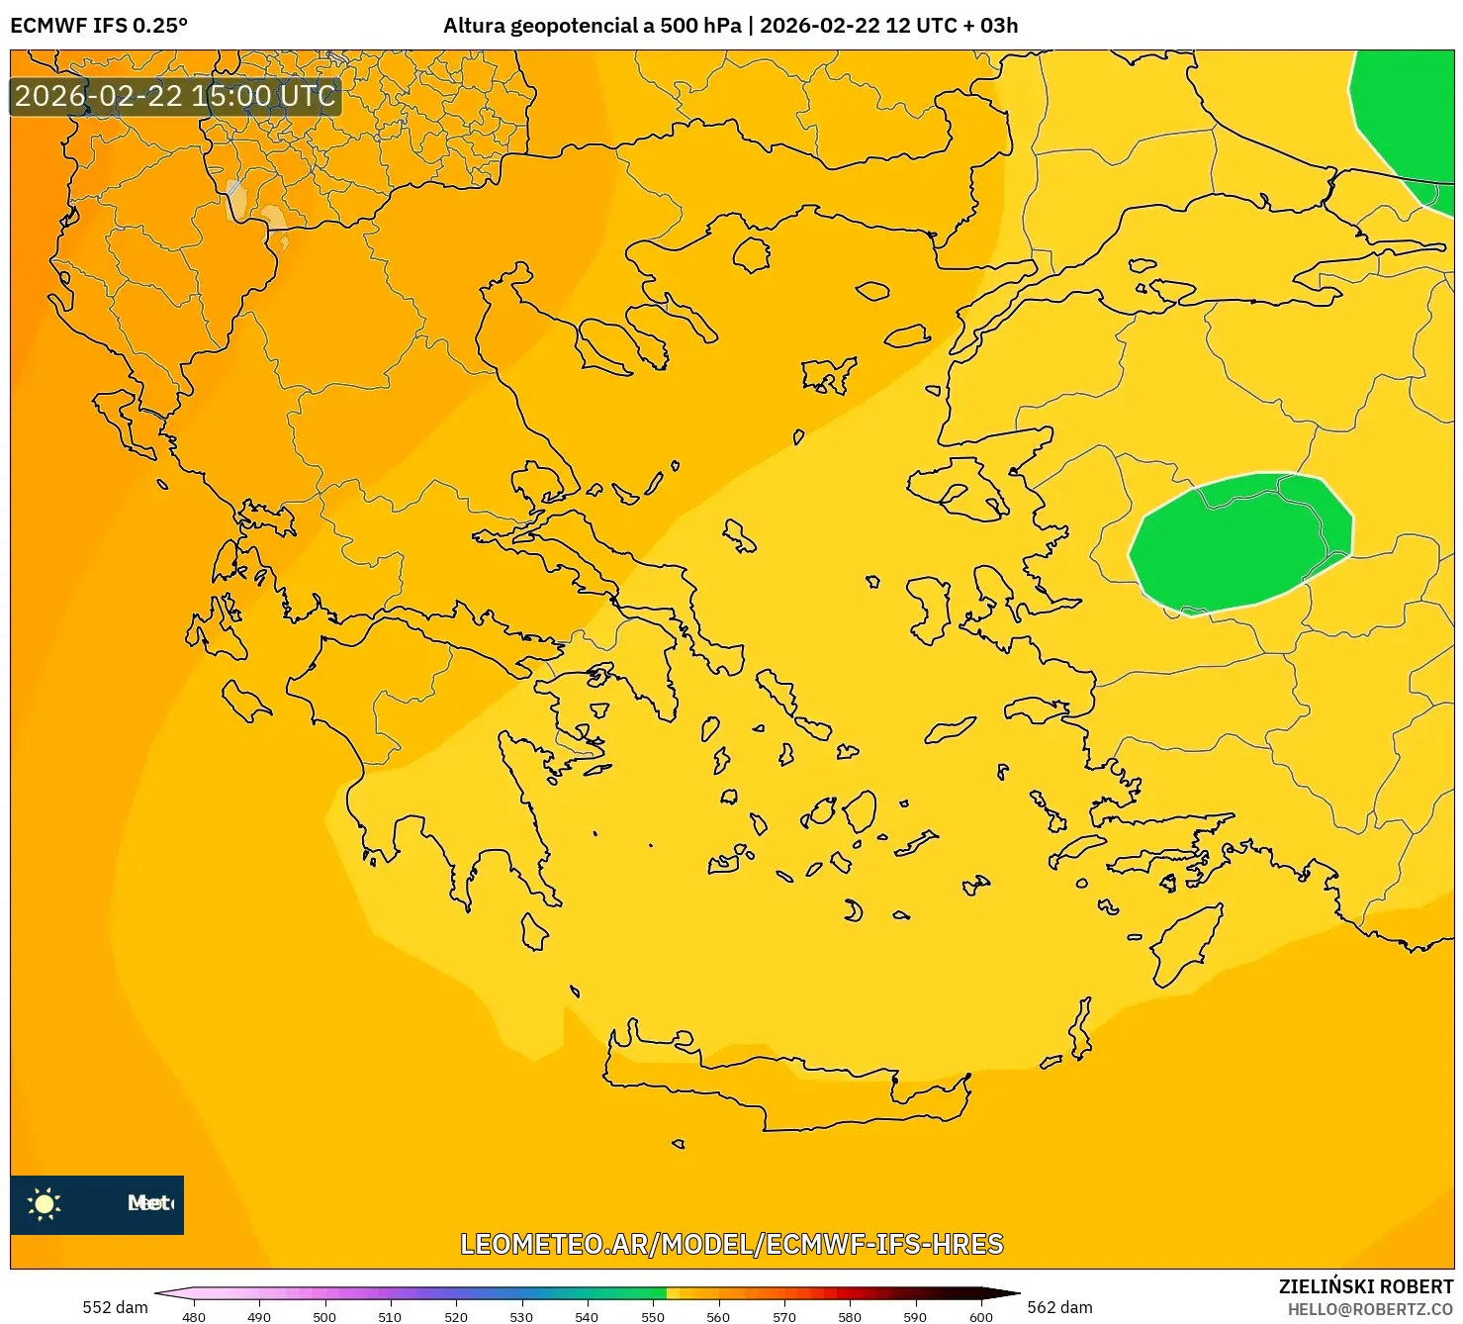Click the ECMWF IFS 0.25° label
pyautogui.click(x=99, y=26)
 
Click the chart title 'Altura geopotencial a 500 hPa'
pyautogui.click(x=592, y=26)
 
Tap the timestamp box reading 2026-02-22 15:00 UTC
pyautogui.click(x=175, y=96)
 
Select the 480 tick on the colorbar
pyautogui.click(x=194, y=1316)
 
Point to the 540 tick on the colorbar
pyautogui.click(x=587, y=1316)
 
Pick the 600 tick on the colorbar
pyautogui.click(x=980, y=1316)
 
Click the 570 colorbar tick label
pyautogui.click(x=783, y=1316)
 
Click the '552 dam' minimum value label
pyautogui.click(x=115, y=1307)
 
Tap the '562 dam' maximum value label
pyautogui.click(x=1059, y=1307)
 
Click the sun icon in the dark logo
pyautogui.click(x=45, y=1203)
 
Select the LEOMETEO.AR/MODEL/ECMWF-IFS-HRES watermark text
pyautogui.click(x=732, y=1244)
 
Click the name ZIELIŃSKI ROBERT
pyautogui.click(x=1365, y=1286)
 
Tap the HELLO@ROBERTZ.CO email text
pyautogui.click(x=1370, y=1309)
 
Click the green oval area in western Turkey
pyautogui.click(x=1238, y=542)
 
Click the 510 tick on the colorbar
pyautogui.click(x=390, y=1316)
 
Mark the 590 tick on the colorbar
pyautogui.click(x=915, y=1316)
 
